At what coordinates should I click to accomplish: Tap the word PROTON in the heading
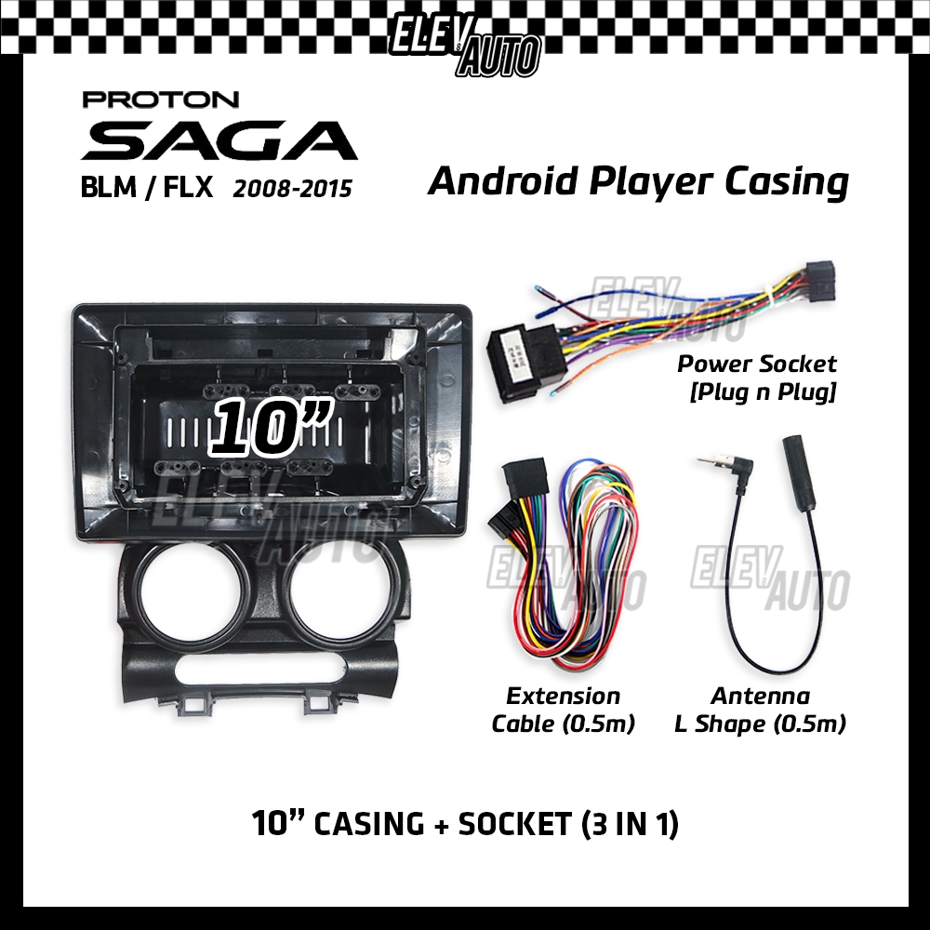click(x=161, y=100)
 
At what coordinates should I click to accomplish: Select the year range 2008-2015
click(x=292, y=189)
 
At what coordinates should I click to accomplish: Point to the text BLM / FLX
click(x=148, y=189)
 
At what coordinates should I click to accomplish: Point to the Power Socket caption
click(x=756, y=364)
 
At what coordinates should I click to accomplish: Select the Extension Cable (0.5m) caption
click(x=563, y=710)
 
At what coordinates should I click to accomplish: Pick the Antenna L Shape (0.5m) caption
click(x=760, y=710)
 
